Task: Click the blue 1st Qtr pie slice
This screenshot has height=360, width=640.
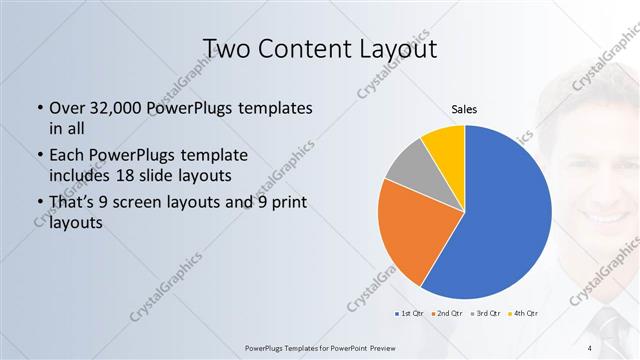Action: pyautogui.click(x=505, y=220)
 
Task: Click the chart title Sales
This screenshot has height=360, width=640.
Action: pyautogui.click(x=463, y=109)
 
